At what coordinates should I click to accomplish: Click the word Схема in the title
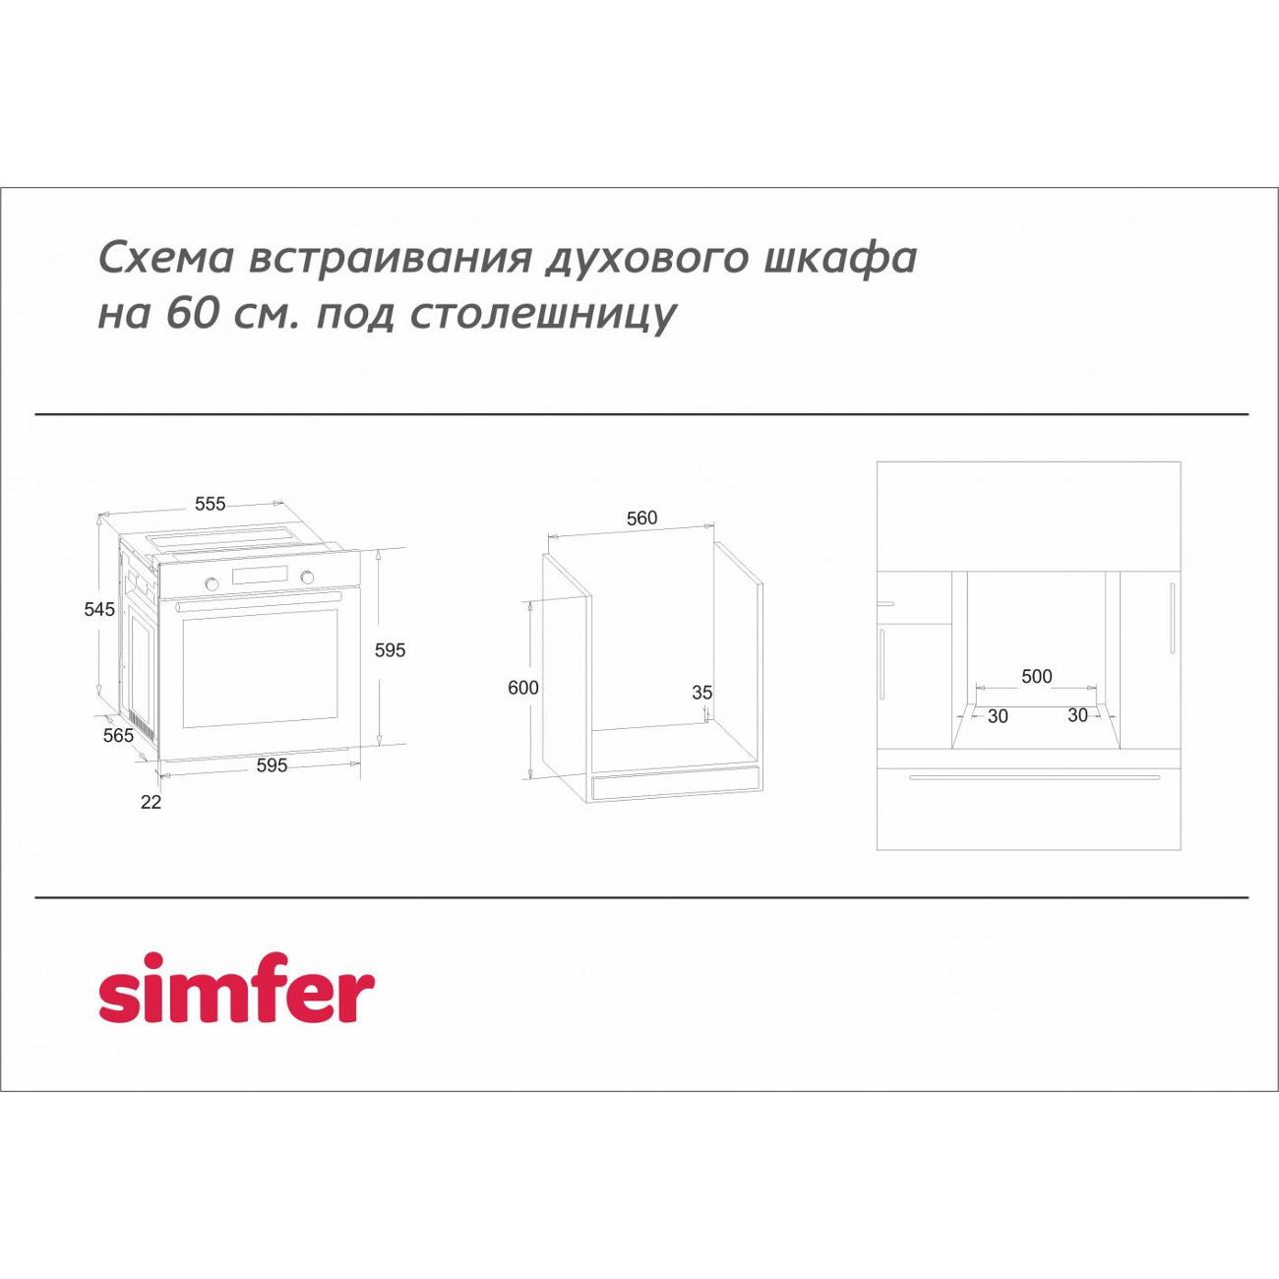point(166,258)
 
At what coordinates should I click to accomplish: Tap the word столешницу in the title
point(541,314)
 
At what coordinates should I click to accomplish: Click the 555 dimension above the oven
point(210,504)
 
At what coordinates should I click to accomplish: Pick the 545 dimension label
point(99,609)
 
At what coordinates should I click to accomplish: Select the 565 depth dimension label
point(118,735)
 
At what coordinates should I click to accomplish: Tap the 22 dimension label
point(151,802)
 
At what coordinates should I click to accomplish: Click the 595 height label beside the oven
point(390,649)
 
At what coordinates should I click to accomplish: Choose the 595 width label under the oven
point(272,765)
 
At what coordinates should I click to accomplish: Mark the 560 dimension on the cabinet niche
point(641,518)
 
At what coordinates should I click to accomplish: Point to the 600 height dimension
point(523,688)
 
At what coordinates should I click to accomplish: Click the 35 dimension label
point(701,693)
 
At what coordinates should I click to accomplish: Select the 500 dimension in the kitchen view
point(1037,676)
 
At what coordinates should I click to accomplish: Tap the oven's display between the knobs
point(259,577)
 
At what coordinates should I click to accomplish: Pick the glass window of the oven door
point(260,669)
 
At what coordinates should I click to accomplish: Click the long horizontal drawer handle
point(1034,777)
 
